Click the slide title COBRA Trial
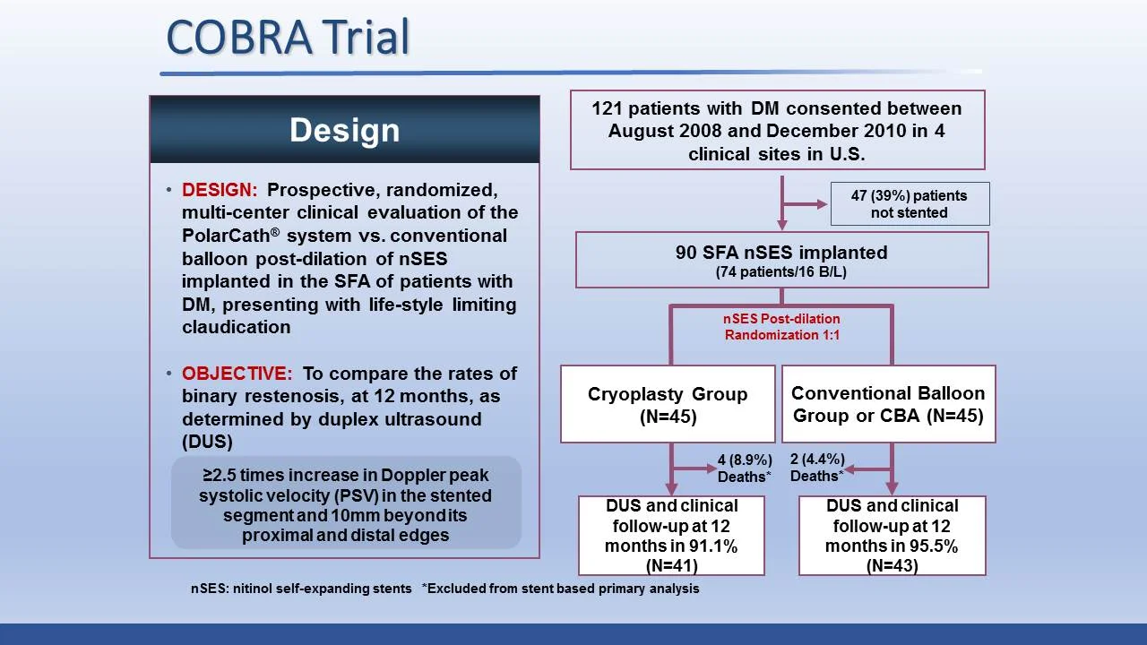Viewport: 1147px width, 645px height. (x=288, y=37)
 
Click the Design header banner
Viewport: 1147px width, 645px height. (x=344, y=130)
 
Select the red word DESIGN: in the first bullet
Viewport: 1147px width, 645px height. (x=220, y=190)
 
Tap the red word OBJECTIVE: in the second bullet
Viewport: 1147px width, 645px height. (x=237, y=374)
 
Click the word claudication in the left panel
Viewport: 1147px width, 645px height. (x=236, y=328)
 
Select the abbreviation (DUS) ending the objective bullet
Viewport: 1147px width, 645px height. (x=207, y=443)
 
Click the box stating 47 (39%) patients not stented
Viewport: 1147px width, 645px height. (x=909, y=203)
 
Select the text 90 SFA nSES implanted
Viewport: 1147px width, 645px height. (x=781, y=253)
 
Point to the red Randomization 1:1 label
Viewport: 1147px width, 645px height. (x=781, y=334)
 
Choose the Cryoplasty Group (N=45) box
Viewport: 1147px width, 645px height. (x=668, y=404)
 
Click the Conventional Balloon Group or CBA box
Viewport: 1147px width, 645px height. (x=888, y=404)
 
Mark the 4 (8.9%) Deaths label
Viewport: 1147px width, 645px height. (x=744, y=469)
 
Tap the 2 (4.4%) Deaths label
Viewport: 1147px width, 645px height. (x=816, y=468)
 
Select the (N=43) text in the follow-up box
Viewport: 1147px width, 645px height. (x=892, y=565)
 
